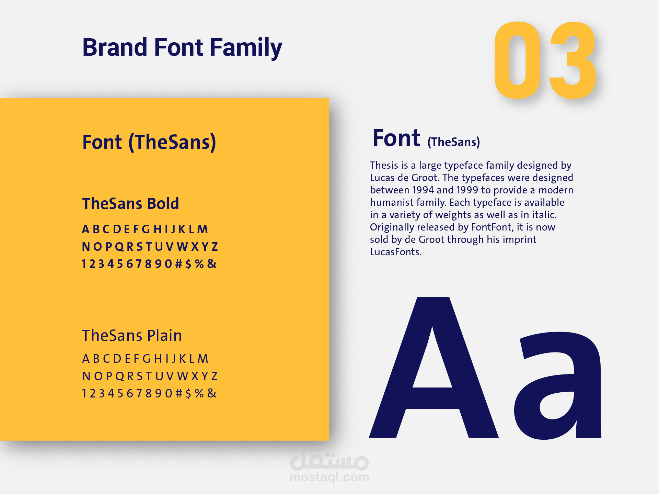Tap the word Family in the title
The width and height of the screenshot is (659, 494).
pyautogui.click(x=246, y=48)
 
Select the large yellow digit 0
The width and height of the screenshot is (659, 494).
pyautogui.click(x=517, y=60)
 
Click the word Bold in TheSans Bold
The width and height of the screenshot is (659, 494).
pyautogui.click(x=163, y=203)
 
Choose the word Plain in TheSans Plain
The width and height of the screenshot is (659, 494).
pyautogui.click(x=164, y=335)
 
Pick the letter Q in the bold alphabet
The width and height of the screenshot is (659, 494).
pyautogui.click(x=119, y=247)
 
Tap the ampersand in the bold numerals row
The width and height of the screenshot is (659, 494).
pyautogui.click(x=212, y=263)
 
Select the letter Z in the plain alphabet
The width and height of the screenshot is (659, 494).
pyautogui.click(x=215, y=376)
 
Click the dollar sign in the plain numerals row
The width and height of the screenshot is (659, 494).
pyautogui.click(x=188, y=393)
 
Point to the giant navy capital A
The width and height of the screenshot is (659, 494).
pyautogui.click(x=433, y=367)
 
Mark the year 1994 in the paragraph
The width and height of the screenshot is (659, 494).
pyautogui.click(x=423, y=190)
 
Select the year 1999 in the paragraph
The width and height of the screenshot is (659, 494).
pyautogui.click(x=467, y=190)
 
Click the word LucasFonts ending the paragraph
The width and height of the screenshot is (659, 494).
pyautogui.click(x=396, y=252)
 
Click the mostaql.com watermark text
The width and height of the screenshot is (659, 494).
pyautogui.click(x=329, y=477)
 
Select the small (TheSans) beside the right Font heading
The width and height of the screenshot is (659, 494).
pyautogui.click(x=453, y=142)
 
